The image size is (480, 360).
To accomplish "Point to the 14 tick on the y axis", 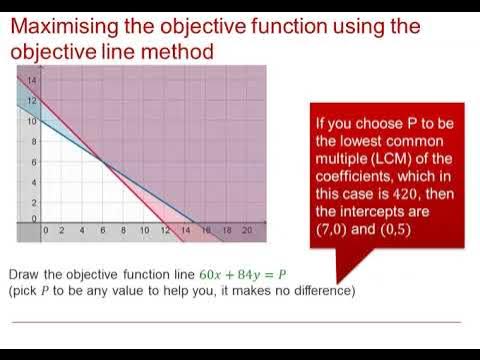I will tap(32, 81).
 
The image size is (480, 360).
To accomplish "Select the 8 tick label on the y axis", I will tap(32, 142).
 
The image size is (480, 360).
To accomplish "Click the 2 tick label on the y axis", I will tap(32, 203).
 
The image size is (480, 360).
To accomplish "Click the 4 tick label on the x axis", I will tap(83, 231).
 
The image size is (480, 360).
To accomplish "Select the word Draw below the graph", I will tap(25, 274).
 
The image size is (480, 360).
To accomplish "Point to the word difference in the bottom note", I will tap(321, 290).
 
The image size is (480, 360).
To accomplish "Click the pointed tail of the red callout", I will tap(337, 281).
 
